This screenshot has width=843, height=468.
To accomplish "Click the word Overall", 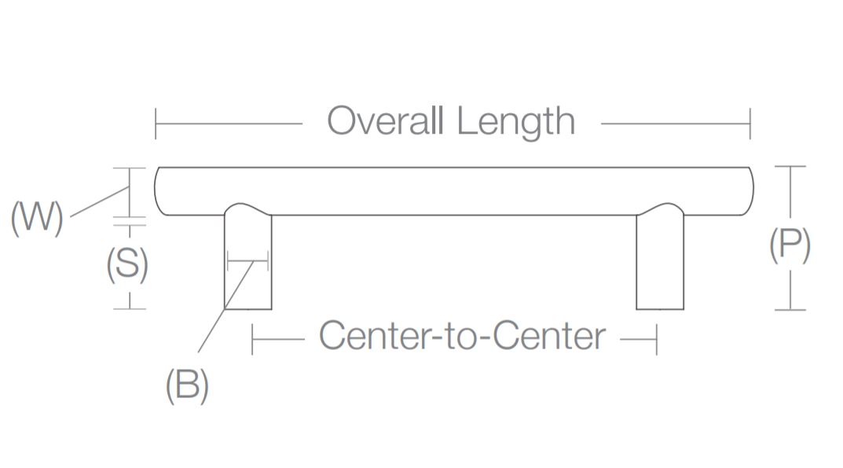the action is coord(386,122).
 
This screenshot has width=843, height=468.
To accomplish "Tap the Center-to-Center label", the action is coord(462,336).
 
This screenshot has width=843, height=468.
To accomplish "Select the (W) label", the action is coord(36,217).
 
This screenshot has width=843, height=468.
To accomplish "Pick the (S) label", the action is coord(127,265).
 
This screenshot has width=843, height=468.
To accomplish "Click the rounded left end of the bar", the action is coord(159,190).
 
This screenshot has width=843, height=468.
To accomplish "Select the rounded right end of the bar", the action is coord(749,190).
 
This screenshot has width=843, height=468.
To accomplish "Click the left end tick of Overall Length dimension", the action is coord(156,123).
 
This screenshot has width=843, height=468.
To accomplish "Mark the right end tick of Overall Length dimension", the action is coord(750,123).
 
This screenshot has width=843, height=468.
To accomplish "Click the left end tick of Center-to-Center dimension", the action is coord(252,339).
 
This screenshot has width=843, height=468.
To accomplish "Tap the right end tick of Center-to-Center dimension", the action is coord(656,339).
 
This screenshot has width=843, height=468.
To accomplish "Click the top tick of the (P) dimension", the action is coord(790,167).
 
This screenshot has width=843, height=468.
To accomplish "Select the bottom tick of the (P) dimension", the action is coord(790,309).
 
